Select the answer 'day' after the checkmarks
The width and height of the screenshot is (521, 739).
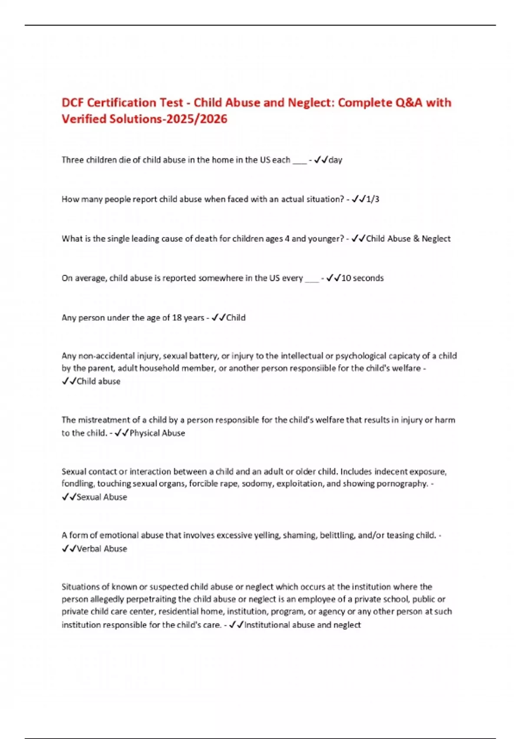tap(335, 160)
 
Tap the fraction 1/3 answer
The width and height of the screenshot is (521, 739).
tap(373, 199)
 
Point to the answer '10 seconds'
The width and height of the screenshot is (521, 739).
tap(363, 278)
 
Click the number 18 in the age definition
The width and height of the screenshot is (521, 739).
tap(177, 318)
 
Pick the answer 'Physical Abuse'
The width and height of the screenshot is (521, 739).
tap(157, 433)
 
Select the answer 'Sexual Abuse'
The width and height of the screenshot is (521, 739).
tap(102, 497)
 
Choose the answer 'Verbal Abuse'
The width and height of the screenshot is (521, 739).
tap(102, 549)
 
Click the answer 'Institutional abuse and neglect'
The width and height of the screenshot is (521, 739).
tap(302, 625)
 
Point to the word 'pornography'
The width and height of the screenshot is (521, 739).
tap(406, 483)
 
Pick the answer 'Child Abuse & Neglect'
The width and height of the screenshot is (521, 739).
tap(408, 239)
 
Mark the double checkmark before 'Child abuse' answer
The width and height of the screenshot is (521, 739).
tap(69, 382)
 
